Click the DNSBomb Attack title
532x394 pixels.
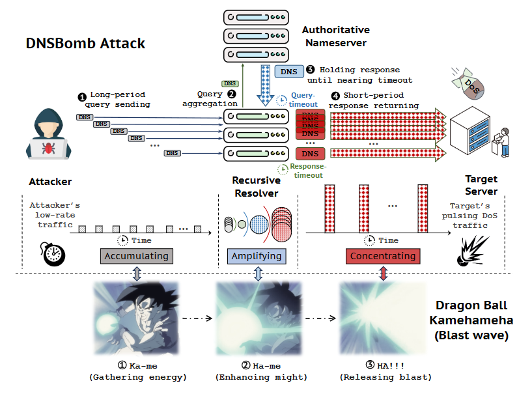(x=85, y=44)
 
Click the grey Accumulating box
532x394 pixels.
(x=136, y=256)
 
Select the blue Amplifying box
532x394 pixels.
(x=257, y=256)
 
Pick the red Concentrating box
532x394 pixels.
(x=383, y=256)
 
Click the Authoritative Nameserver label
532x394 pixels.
(x=335, y=36)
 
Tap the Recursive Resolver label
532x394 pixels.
(x=256, y=187)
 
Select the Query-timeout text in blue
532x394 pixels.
(x=303, y=99)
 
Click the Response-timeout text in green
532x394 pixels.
(x=307, y=170)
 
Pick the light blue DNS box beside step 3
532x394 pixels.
(x=287, y=72)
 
